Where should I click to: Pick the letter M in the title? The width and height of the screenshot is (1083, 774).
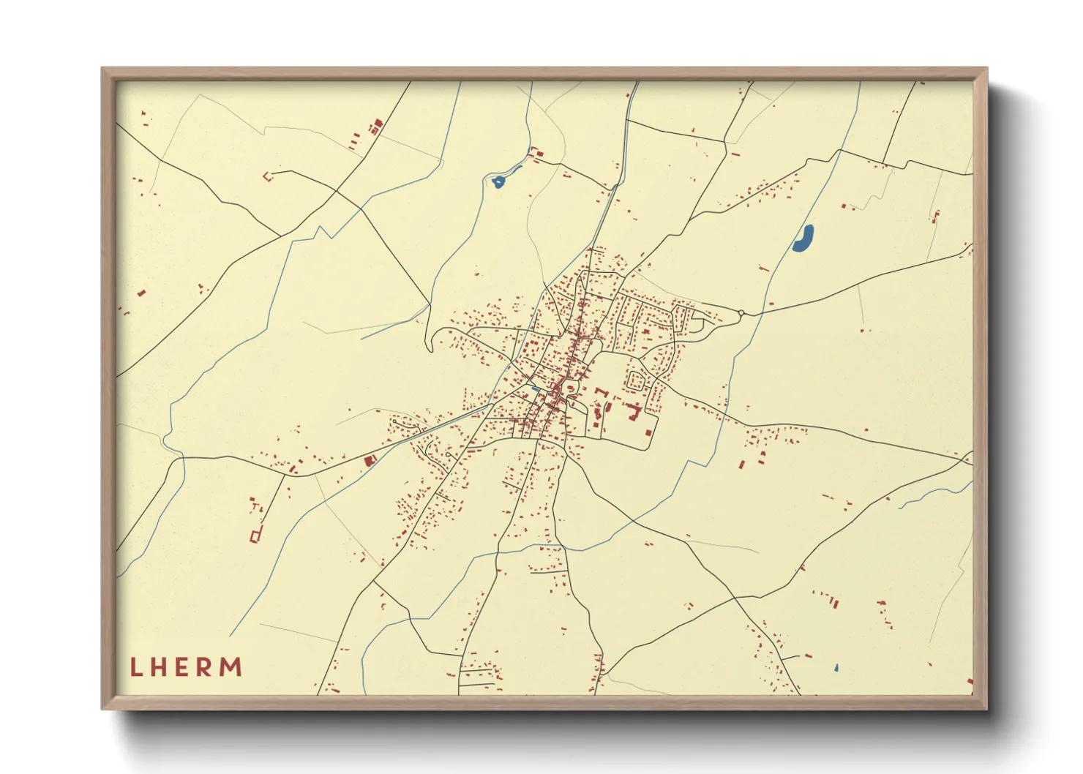(x=232, y=667)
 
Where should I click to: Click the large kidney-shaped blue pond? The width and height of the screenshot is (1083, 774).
(x=803, y=238)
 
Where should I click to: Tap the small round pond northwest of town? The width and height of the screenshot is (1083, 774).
(x=498, y=181)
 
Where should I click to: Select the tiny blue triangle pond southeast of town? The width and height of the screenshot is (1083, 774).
(x=836, y=668)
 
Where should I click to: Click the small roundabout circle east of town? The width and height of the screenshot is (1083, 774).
(x=741, y=313)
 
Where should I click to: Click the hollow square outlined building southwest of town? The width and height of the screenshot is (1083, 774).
(x=255, y=536)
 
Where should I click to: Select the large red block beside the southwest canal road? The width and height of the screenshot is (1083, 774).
(x=370, y=461)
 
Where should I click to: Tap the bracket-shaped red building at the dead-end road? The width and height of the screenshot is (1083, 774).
(x=267, y=176)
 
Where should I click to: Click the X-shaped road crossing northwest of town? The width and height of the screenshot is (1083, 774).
(x=336, y=191)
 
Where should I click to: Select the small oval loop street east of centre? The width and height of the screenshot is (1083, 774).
(x=636, y=380)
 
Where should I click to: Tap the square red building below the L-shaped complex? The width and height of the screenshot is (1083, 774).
(x=647, y=433)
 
